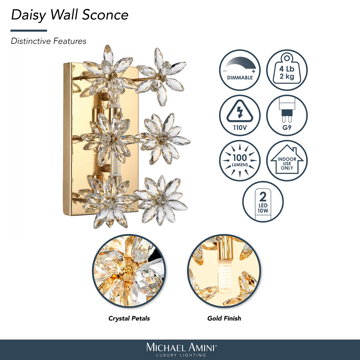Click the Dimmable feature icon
coord(240,70)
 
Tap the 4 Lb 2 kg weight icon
coord(287,70)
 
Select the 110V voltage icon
coord(240,116)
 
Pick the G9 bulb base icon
coord(287,116)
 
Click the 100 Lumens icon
coord(240,161)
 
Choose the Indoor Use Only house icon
coord(287,161)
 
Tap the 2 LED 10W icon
coord(263,202)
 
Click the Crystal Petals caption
coord(129,318)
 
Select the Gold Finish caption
coord(224,318)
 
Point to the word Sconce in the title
coord(105,15)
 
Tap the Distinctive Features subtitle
coord(48,41)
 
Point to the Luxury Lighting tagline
coord(181,355)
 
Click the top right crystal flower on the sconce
coord(161,77)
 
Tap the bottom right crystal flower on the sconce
coord(161,201)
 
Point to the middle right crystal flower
coord(163,139)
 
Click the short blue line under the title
coord(29,30)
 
